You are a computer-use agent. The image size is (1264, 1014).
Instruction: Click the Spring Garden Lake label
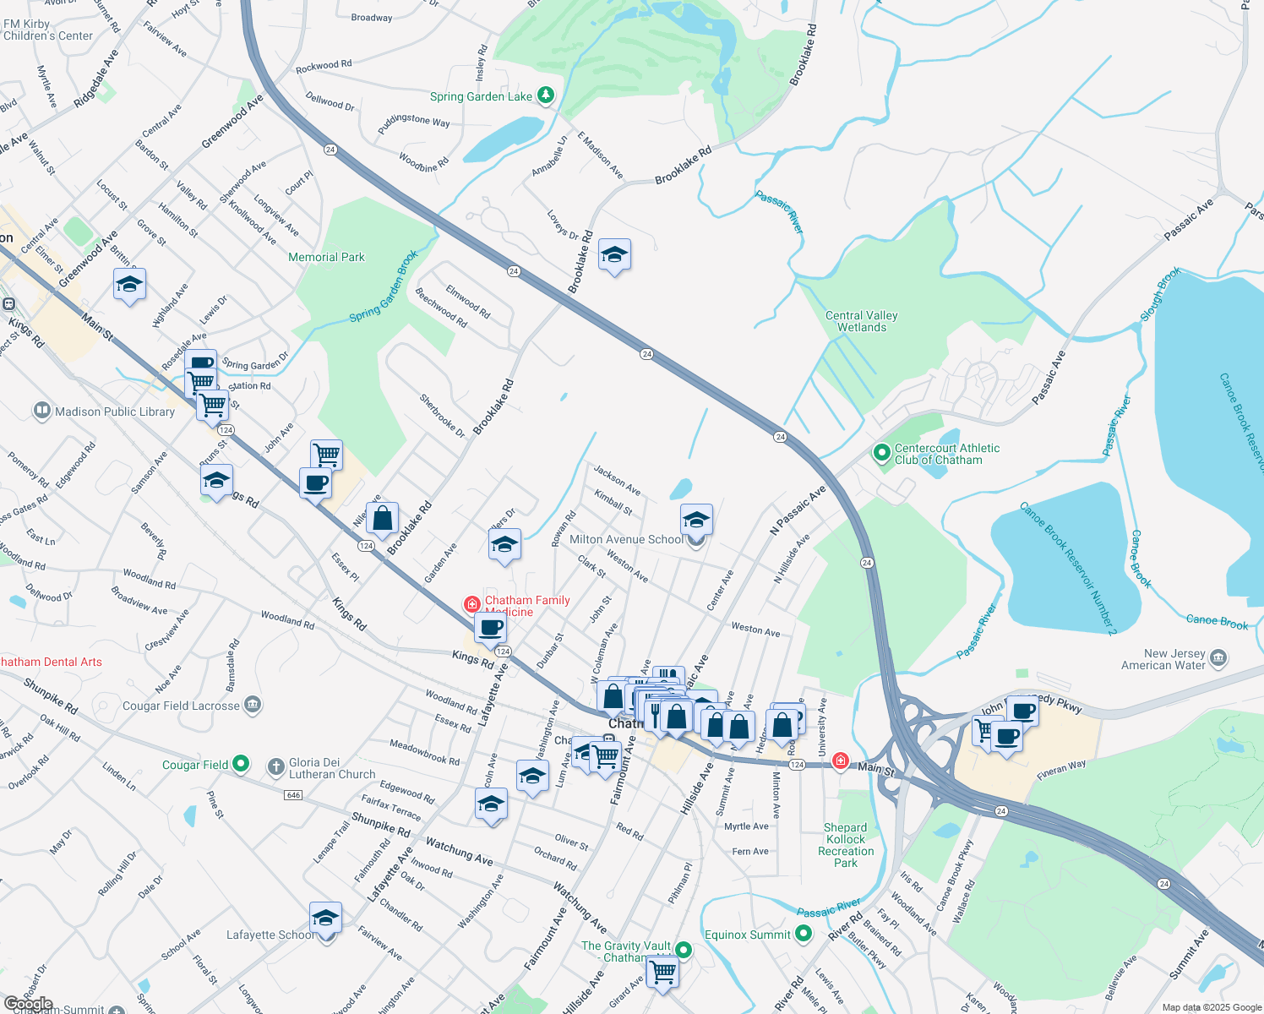point(481,96)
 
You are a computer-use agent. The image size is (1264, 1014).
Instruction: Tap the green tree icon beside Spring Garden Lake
point(546,95)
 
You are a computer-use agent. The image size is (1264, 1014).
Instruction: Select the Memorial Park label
point(326,257)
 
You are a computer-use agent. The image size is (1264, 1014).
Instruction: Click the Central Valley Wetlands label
point(861,321)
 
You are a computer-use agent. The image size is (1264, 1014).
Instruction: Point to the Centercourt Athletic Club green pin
point(881,454)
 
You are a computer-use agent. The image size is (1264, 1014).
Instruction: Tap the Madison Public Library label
point(114,412)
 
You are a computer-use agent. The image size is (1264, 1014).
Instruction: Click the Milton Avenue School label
point(626,539)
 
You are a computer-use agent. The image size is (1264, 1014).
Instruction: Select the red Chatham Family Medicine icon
point(472,604)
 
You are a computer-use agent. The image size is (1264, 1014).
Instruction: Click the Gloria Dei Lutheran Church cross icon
point(275,767)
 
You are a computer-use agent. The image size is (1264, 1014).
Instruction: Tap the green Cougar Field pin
point(241,764)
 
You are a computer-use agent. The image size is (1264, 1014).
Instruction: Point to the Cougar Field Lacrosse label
point(181,706)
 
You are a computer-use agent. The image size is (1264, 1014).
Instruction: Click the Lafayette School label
point(270,935)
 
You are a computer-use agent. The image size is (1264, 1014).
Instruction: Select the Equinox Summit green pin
point(804,934)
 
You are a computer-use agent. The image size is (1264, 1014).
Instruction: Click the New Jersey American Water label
point(1163,659)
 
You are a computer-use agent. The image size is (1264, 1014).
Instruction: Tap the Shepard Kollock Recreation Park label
point(846,845)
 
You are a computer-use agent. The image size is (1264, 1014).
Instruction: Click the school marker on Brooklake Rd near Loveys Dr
point(614,254)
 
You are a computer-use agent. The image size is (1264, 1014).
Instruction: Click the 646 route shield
point(293,795)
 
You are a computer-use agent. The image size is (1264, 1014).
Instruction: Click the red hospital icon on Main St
point(840,760)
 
